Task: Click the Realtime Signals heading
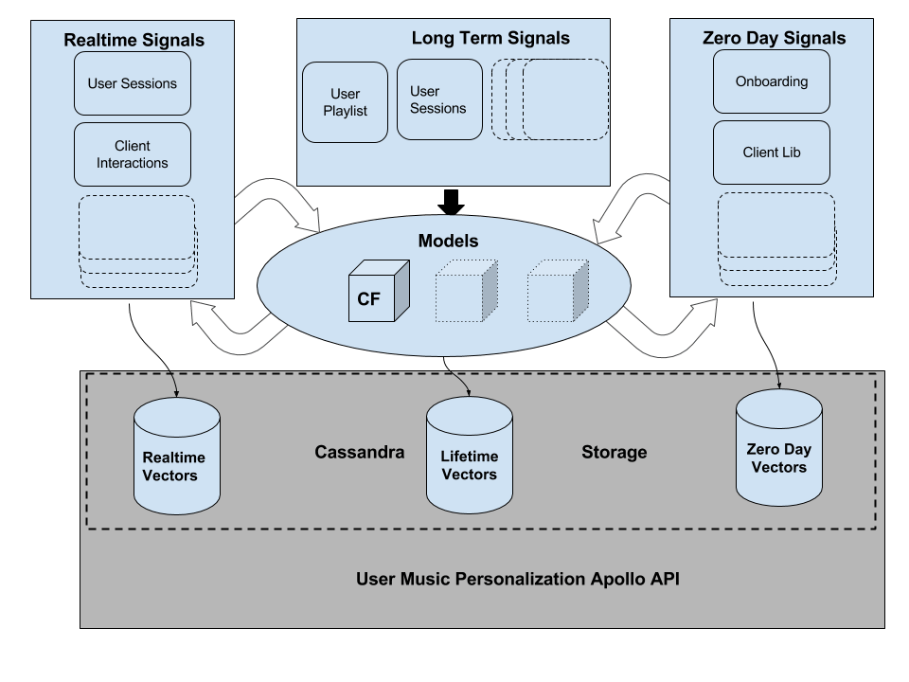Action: (134, 40)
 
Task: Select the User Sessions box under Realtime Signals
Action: (133, 83)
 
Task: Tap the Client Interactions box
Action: (133, 154)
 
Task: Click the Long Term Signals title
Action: (490, 38)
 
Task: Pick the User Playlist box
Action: (345, 102)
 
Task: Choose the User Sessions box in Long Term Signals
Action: (437, 100)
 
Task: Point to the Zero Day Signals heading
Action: (774, 38)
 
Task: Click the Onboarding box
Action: (772, 81)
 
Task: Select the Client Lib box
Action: (772, 153)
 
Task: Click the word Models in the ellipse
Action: (448, 241)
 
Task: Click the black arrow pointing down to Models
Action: (451, 201)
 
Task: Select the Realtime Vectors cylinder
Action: (177, 453)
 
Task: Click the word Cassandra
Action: (359, 452)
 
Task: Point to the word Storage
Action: (614, 452)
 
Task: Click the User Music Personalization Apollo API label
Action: (517, 578)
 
